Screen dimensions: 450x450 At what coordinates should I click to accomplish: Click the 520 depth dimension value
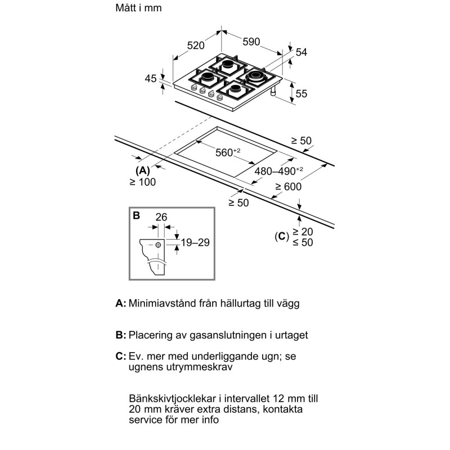pyautogui.click(x=196, y=45)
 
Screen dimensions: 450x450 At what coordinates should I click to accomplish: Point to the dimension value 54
pyautogui.click(x=301, y=52)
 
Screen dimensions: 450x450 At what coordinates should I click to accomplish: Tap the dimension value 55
pyautogui.click(x=301, y=94)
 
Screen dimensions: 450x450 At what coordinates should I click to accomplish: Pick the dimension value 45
pyautogui.click(x=150, y=79)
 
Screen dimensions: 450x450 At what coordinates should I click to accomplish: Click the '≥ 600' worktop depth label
pyautogui.click(x=289, y=187)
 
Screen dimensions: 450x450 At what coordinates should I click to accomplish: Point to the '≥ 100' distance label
pyautogui.click(x=142, y=182)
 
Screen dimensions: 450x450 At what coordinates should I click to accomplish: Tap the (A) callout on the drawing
pyautogui.click(x=142, y=170)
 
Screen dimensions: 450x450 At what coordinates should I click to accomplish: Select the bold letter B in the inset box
pyautogui.click(x=136, y=215)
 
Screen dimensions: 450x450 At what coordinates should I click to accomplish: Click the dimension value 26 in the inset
pyautogui.click(x=161, y=217)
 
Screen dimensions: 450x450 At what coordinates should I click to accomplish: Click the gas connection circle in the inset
pyautogui.click(x=159, y=245)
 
